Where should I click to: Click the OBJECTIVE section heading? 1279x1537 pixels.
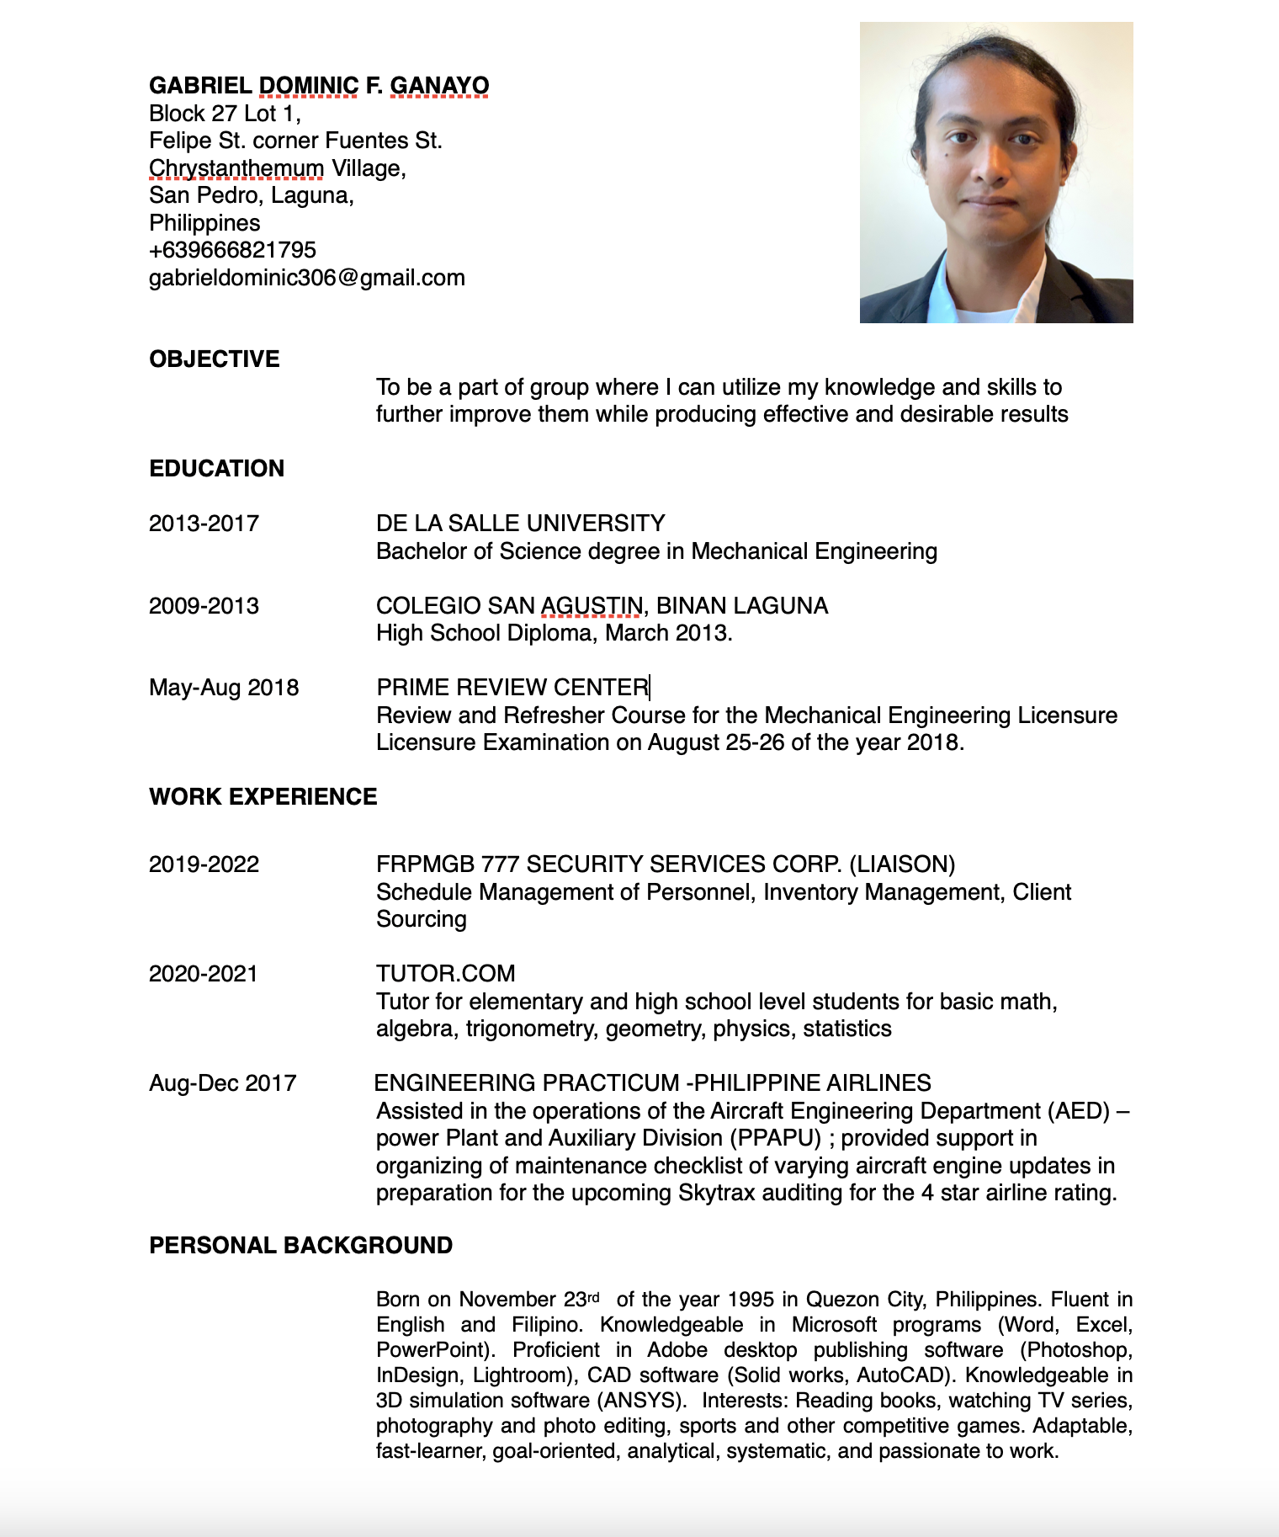point(214,359)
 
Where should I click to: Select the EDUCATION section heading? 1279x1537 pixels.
point(216,469)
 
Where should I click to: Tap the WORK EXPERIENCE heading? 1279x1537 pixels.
point(263,797)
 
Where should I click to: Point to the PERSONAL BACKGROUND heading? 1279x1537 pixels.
point(300,1246)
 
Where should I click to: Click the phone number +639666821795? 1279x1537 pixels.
point(232,250)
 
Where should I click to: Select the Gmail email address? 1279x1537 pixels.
point(306,278)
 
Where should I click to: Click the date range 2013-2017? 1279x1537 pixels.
point(204,524)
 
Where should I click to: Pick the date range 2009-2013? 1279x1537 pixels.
point(204,606)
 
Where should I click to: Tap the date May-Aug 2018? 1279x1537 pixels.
point(224,688)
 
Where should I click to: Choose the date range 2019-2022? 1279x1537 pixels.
point(204,864)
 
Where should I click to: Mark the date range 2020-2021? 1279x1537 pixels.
point(204,974)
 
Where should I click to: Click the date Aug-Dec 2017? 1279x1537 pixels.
point(222,1083)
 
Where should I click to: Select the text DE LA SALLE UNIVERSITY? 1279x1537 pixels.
point(520,524)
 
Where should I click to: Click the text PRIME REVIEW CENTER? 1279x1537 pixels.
point(512,688)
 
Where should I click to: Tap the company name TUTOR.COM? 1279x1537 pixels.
point(445,974)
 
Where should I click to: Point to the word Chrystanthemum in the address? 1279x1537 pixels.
point(236,168)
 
